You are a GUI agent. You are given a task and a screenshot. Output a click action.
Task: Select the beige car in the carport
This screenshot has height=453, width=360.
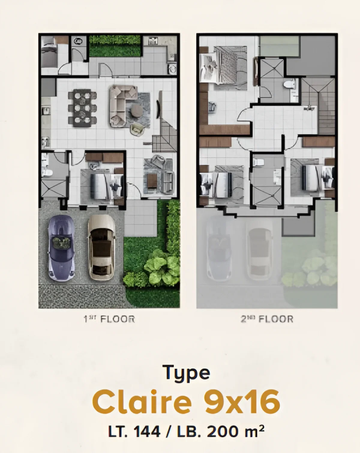click(101, 247)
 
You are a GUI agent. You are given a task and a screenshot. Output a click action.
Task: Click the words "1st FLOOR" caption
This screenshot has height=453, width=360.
click(109, 319)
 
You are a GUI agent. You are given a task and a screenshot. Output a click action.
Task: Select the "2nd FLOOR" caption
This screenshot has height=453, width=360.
click(267, 319)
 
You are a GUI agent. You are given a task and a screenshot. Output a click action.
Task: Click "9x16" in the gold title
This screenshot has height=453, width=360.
click(242, 402)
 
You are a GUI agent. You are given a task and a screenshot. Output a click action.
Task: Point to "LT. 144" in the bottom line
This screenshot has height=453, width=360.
click(134, 432)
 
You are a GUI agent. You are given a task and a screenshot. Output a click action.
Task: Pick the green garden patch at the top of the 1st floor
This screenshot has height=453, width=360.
click(115, 46)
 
